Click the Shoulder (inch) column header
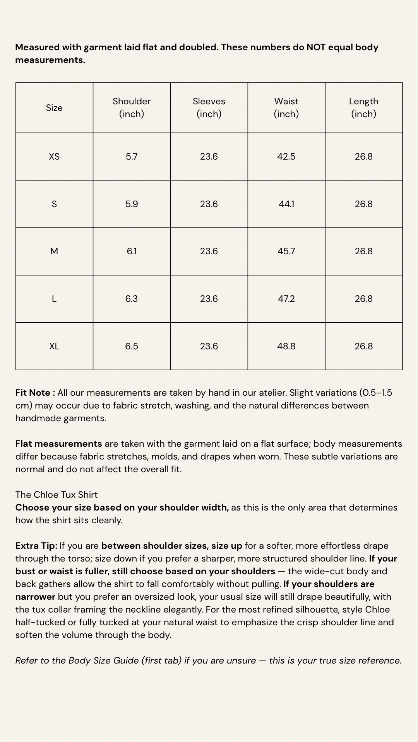(x=132, y=107)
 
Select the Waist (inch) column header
(x=286, y=107)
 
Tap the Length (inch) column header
(x=363, y=107)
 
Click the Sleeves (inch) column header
(x=209, y=107)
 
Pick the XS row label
(x=54, y=157)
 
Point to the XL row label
(x=54, y=346)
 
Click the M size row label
(x=54, y=251)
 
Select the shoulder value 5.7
(x=132, y=157)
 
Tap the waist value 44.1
(x=286, y=204)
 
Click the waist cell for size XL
(x=286, y=346)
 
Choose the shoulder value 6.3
(x=132, y=299)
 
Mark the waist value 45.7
(x=286, y=251)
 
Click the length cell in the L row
(x=363, y=299)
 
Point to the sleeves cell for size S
(x=209, y=204)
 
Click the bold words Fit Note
(x=33, y=393)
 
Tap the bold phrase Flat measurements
(x=58, y=444)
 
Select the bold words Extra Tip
(x=36, y=546)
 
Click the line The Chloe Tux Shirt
(x=57, y=495)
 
